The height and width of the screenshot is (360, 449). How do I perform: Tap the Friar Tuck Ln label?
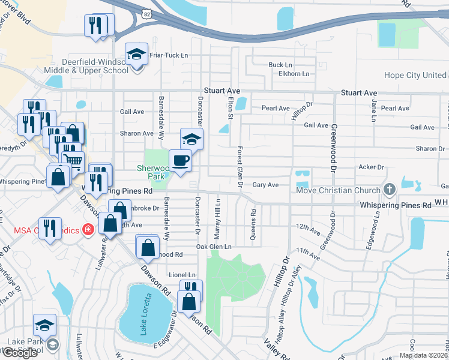pyautogui.click(x=169, y=55)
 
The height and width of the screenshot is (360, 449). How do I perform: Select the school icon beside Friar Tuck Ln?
pyautogui.click(x=136, y=54)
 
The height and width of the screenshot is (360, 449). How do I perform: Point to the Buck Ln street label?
pyautogui.click(x=280, y=65)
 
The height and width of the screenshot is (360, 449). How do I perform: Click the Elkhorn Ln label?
pyautogui.click(x=290, y=74)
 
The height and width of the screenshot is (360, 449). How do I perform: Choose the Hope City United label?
pyautogui.click(x=415, y=76)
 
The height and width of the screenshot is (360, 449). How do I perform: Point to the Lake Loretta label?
pyautogui.click(x=144, y=309)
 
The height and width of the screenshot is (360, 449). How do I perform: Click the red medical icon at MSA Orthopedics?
pyautogui.click(x=88, y=229)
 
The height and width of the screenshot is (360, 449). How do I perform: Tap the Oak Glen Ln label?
pyautogui.click(x=214, y=247)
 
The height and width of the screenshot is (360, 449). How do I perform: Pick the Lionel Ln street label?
pyautogui.click(x=182, y=274)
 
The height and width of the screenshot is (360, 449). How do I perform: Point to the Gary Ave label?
pyautogui.click(x=265, y=185)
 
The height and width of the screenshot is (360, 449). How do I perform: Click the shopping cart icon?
pyautogui.click(x=72, y=160)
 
